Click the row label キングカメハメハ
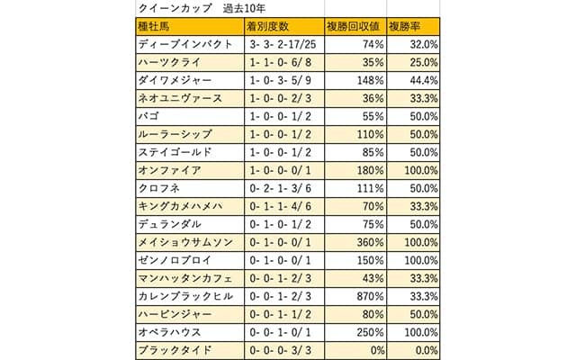click(180, 206)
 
